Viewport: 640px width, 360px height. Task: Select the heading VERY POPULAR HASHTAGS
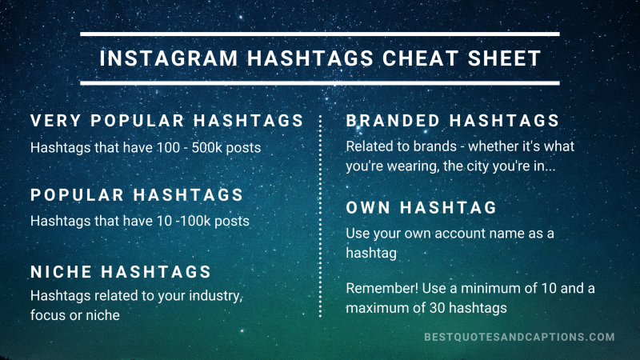pyautogui.click(x=167, y=121)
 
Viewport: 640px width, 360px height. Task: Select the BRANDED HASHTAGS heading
pyautogui.click(x=452, y=121)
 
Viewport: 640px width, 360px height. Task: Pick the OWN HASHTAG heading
pyautogui.click(x=422, y=207)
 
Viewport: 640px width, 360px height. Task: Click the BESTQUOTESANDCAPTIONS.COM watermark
pyautogui.click(x=519, y=338)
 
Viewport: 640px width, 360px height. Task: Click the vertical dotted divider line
pyautogui.click(x=320, y=216)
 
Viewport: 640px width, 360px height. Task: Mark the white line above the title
pyautogui.click(x=320, y=34)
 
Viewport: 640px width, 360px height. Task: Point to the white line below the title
pyautogui.click(x=320, y=82)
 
